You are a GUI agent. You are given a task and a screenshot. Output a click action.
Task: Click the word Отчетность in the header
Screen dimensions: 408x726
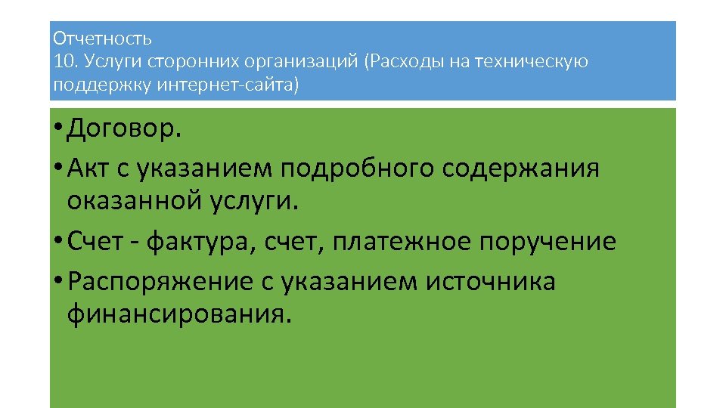click(103, 38)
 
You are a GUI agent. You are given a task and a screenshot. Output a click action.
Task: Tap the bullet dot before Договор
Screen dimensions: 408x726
click(58, 131)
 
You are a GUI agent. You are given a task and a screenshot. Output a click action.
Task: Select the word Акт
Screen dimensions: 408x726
click(88, 168)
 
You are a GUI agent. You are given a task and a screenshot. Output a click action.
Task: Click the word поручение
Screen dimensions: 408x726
click(548, 242)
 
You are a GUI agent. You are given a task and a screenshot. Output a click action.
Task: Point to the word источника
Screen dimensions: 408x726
click(491, 282)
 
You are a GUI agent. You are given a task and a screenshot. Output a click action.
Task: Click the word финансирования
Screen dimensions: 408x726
click(178, 313)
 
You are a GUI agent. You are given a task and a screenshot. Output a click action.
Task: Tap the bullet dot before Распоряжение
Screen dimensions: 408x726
click(58, 282)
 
